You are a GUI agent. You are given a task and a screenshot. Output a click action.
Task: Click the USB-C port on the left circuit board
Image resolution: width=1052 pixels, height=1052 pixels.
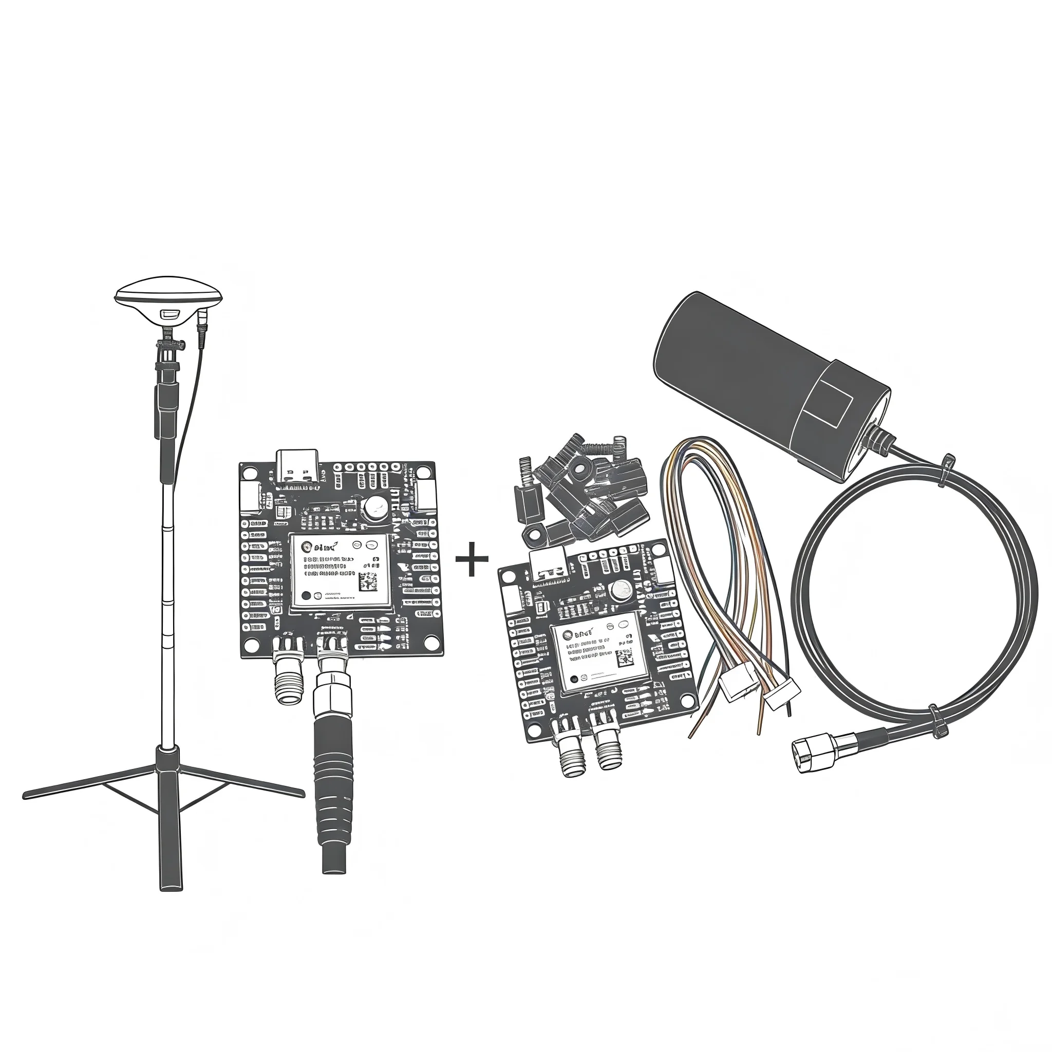297,465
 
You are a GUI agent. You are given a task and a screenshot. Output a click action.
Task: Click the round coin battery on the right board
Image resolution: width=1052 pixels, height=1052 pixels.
620,589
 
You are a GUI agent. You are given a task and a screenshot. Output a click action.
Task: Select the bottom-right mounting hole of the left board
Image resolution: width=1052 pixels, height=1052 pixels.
429,644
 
